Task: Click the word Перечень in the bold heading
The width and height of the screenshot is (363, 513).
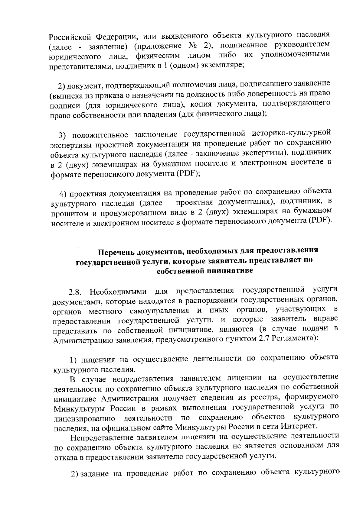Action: [x=118, y=252]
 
